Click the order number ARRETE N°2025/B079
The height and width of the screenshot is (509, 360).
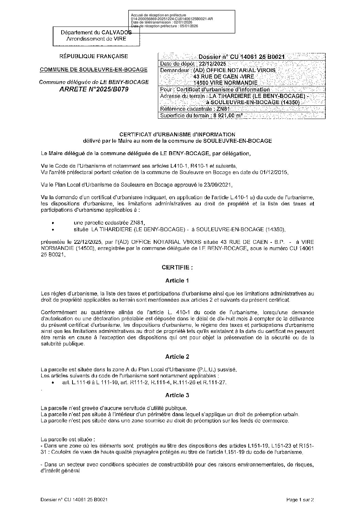coord(94,89)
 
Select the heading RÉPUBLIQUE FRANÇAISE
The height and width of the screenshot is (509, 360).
coord(94,56)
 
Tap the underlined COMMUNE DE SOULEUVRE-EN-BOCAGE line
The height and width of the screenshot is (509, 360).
coord(94,69)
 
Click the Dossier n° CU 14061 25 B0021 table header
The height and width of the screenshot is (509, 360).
coord(242,57)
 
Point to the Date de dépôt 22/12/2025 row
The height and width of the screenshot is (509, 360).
coord(193,64)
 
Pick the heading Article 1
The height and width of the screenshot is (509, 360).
coord(177,281)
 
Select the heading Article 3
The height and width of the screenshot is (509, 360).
coord(177,395)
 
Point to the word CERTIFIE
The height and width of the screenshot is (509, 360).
coord(177,268)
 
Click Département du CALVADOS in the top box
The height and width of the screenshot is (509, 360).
coord(96,33)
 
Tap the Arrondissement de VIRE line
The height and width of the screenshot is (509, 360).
coord(96,39)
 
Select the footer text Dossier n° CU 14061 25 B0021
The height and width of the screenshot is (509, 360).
coord(74,499)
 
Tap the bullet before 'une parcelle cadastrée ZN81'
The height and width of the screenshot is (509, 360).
coord(52,223)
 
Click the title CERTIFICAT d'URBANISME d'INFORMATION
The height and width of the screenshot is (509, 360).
coord(177,134)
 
